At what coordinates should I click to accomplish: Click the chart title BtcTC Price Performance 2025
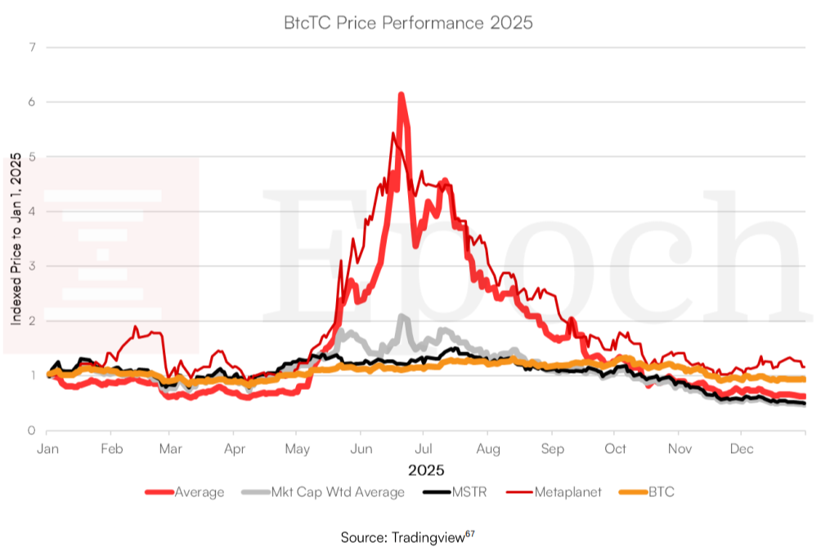(x=407, y=22)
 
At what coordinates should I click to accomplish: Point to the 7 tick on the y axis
(x=32, y=47)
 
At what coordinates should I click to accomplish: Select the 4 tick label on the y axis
(x=32, y=211)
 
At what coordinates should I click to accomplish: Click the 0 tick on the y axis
(x=32, y=430)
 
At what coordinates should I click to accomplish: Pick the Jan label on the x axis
(x=47, y=449)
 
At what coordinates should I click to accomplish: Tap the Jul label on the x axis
(x=423, y=449)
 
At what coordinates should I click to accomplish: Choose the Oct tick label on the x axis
(x=615, y=449)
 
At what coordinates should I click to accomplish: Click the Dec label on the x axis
(x=741, y=449)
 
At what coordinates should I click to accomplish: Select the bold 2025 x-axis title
(x=426, y=470)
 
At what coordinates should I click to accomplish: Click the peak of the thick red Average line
(x=401, y=95)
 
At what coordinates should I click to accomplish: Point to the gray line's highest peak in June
(x=402, y=316)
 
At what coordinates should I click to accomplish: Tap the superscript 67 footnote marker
(x=469, y=534)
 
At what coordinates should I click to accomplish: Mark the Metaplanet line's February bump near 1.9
(x=136, y=327)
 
